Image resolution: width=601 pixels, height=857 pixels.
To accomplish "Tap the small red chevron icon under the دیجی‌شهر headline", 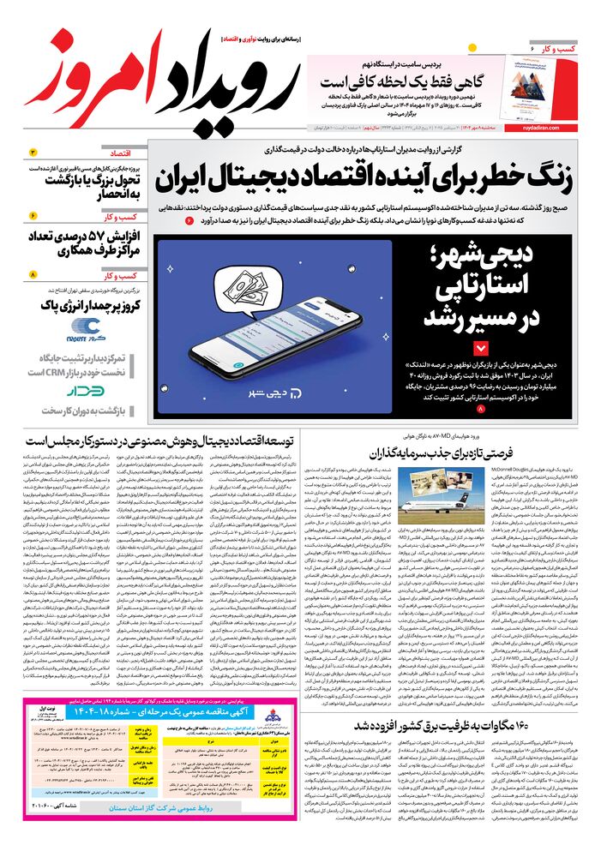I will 480,348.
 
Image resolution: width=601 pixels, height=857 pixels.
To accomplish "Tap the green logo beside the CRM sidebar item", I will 87,391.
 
